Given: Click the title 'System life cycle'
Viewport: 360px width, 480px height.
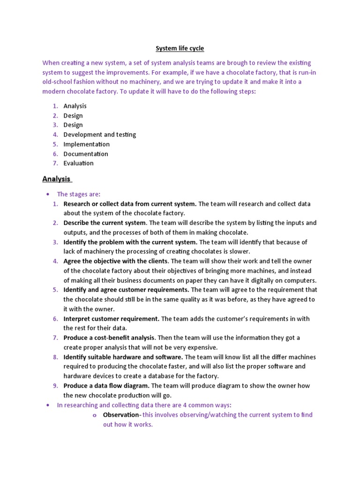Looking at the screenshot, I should click(x=180, y=48).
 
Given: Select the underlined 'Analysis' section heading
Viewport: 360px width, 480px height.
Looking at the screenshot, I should click(x=56, y=179).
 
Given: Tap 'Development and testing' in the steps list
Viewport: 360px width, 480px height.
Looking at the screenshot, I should click(x=99, y=135).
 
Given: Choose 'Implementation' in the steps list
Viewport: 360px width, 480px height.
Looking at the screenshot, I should click(x=86, y=144).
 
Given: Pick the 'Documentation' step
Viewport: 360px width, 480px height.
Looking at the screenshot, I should click(x=86, y=154).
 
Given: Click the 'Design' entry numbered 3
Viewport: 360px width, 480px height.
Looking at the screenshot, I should click(x=73, y=125).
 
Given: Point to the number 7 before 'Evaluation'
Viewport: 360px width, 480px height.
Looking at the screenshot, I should click(x=55, y=163).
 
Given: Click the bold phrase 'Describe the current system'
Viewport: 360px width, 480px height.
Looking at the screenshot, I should click(x=105, y=223).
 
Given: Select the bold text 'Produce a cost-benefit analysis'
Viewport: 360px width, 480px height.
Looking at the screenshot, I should click(x=109, y=338).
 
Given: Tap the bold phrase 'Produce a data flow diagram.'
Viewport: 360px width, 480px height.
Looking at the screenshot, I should click(x=106, y=386).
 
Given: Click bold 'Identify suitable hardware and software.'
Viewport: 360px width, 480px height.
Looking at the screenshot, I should click(x=123, y=357).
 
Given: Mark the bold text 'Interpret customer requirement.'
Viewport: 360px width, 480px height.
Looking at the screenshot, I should click(x=112, y=319).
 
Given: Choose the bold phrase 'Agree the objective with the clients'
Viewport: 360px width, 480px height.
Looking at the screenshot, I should click(x=116, y=261).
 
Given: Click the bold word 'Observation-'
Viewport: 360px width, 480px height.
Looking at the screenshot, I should click(x=122, y=415).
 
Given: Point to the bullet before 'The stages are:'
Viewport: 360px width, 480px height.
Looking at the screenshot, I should click(x=48, y=195).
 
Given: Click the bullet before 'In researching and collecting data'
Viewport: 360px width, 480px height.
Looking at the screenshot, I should click(x=48, y=405).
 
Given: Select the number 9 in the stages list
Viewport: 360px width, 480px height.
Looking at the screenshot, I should click(x=55, y=386).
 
